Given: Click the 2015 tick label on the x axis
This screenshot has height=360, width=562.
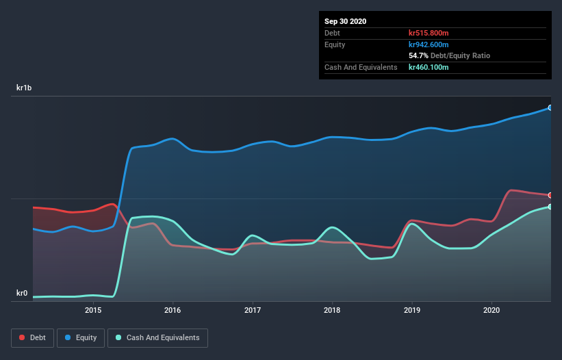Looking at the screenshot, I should click(x=93, y=310).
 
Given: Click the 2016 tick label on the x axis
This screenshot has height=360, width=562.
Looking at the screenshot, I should click(x=173, y=310).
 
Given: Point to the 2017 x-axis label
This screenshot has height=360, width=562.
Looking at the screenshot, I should click(x=253, y=310).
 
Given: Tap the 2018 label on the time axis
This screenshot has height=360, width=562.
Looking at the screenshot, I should click(x=332, y=310).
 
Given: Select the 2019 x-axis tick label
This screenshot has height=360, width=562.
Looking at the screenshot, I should click(x=412, y=310).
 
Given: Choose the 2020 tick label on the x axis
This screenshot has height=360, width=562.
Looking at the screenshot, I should click(x=491, y=310).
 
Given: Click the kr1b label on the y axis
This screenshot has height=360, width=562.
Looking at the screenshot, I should click(x=25, y=88).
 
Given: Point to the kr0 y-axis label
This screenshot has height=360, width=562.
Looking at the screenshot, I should click(x=21, y=294).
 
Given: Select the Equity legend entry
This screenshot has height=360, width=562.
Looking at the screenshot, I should click(x=81, y=337).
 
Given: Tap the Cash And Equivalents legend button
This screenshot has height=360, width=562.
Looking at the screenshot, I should click(x=157, y=337).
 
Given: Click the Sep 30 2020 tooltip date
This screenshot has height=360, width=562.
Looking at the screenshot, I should click(x=345, y=21).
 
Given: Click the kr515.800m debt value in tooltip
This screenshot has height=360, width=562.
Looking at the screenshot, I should click(x=429, y=33).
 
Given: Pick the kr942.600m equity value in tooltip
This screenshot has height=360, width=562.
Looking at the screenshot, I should click(x=429, y=44).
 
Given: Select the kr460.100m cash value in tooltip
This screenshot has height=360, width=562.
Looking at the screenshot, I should click(x=429, y=67).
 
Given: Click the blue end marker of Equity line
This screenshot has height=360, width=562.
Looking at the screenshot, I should click(x=550, y=107).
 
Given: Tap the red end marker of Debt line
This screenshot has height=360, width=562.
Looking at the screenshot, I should click(x=550, y=195).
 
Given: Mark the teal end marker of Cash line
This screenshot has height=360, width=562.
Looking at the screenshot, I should click(x=550, y=207).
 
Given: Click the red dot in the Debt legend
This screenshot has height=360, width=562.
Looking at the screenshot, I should click(x=23, y=337).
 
